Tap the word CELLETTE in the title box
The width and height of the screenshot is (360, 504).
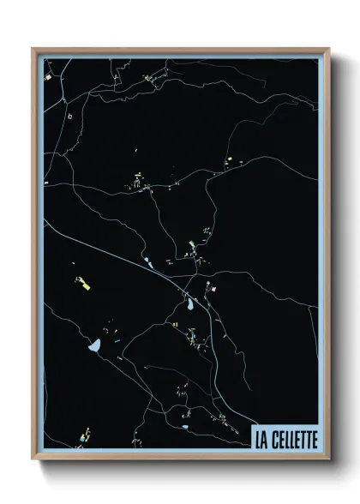(x=294, y=440)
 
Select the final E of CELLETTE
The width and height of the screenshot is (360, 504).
(x=314, y=440)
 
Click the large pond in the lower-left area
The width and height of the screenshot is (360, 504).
(x=95, y=346)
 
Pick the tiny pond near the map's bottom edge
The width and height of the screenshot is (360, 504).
(x=184, y=424)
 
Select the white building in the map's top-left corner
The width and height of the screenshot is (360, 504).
(x=49, y=77)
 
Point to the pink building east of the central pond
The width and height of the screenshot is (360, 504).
(x=212, y=290)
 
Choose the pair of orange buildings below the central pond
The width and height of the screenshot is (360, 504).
(x=174, y=326)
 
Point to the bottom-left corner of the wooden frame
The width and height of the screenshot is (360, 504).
(x=33, y=459)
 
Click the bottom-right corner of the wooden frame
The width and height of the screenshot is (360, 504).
(x=328, y=459)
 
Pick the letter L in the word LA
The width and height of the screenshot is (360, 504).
(x=257, y=440)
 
